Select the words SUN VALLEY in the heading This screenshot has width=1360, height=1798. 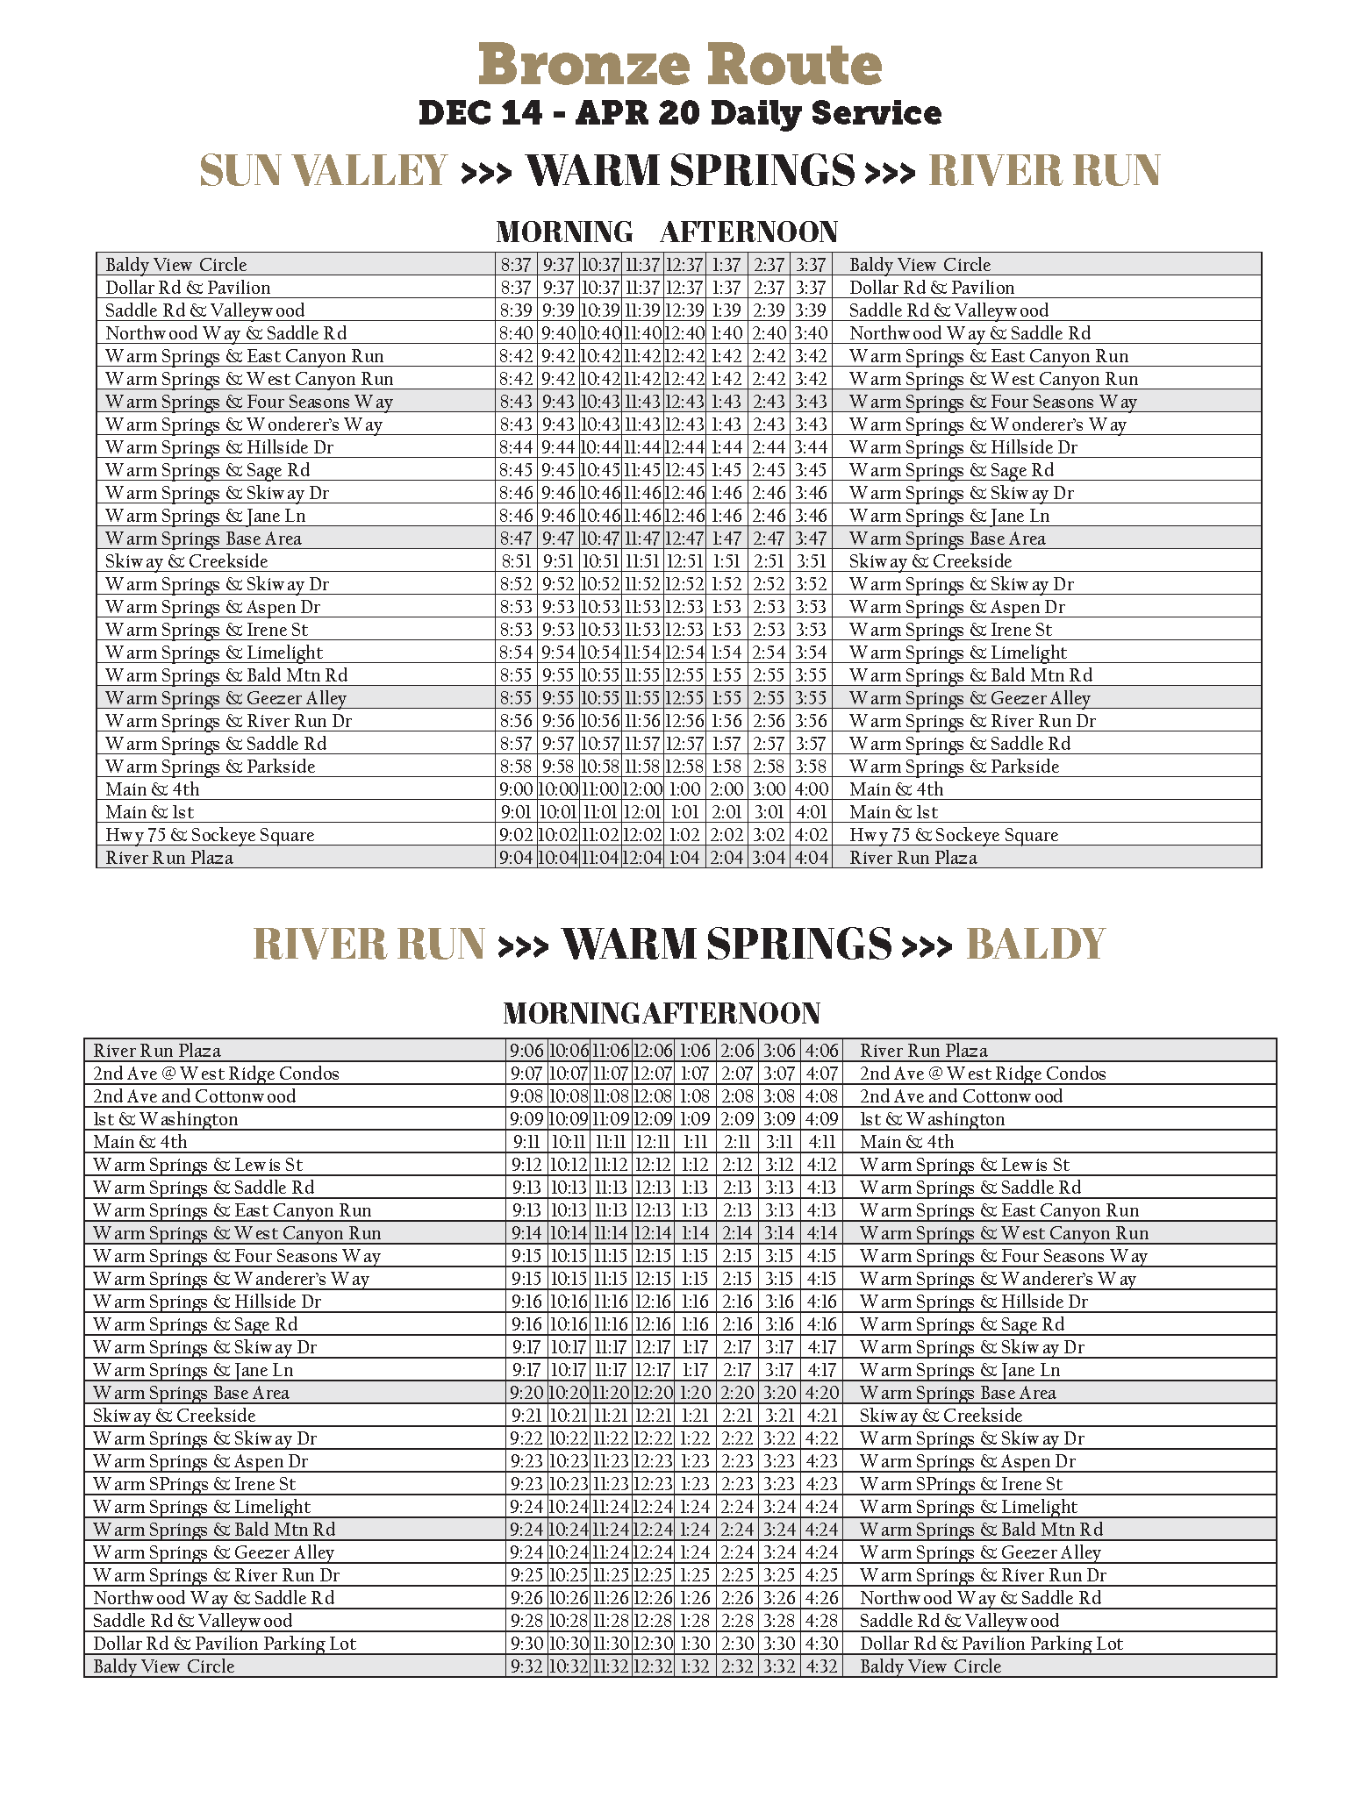pyautogui.click(x=324, y=170)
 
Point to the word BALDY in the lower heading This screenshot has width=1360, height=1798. pyautogui.click(x=1035, y=945)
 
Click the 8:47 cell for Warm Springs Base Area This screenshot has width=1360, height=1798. pyautogui.click(x=516, y=539)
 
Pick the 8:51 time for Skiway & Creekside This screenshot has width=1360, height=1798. pyautogui.click(x=516, y=562)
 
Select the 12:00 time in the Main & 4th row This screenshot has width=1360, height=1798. pyautogui.click(x=642, y=790)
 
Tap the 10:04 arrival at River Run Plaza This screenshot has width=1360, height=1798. pyautogui.click(x=558, y=859)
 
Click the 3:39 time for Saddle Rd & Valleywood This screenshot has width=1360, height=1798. pyautogui.click(x=811, y=311)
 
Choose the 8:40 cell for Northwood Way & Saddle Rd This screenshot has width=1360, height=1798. pyautogui.click(x=516, y=334)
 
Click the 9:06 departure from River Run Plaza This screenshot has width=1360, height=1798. pyautogui.click(x=526, y=1052)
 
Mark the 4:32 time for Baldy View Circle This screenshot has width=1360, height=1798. pyautogui.click(x=821, y=1667)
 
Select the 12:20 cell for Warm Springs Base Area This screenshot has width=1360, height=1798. pyautogui.click(x=653, y=1394)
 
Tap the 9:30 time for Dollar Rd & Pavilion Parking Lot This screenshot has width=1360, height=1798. pyautogui.click(x=526, y=1645)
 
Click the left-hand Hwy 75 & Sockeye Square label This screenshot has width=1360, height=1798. pyautogui.click(x=210, y=836)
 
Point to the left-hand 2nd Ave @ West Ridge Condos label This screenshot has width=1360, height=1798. pyautogui.click(x=216, y=1074)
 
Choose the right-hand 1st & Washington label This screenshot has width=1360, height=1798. pyautogui.click(x=932, y=1120)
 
